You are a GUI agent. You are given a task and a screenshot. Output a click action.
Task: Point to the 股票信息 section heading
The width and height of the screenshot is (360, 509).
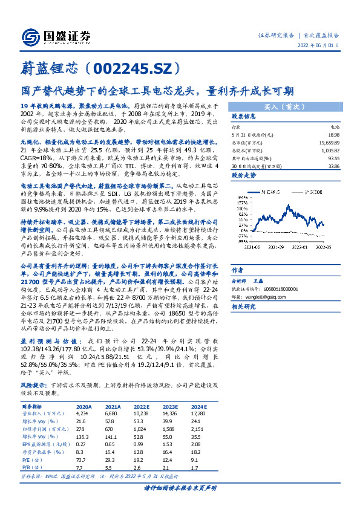coord(244,115)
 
